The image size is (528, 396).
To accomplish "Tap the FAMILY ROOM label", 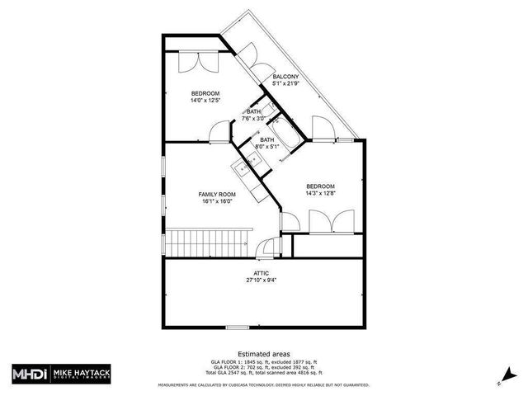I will click(x=217, y=194).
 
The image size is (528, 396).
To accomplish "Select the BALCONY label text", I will click(x=285, y=77).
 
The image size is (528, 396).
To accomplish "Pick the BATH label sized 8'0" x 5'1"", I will click(x=266, y=140).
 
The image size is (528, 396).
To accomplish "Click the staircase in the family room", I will click(x=208, y=243).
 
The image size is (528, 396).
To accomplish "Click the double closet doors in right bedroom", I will click(x=323, y=221).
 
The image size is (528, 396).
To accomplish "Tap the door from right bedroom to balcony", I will click(x=322, y=128).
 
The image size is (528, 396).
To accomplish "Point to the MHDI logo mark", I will click(x=28, y=372).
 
